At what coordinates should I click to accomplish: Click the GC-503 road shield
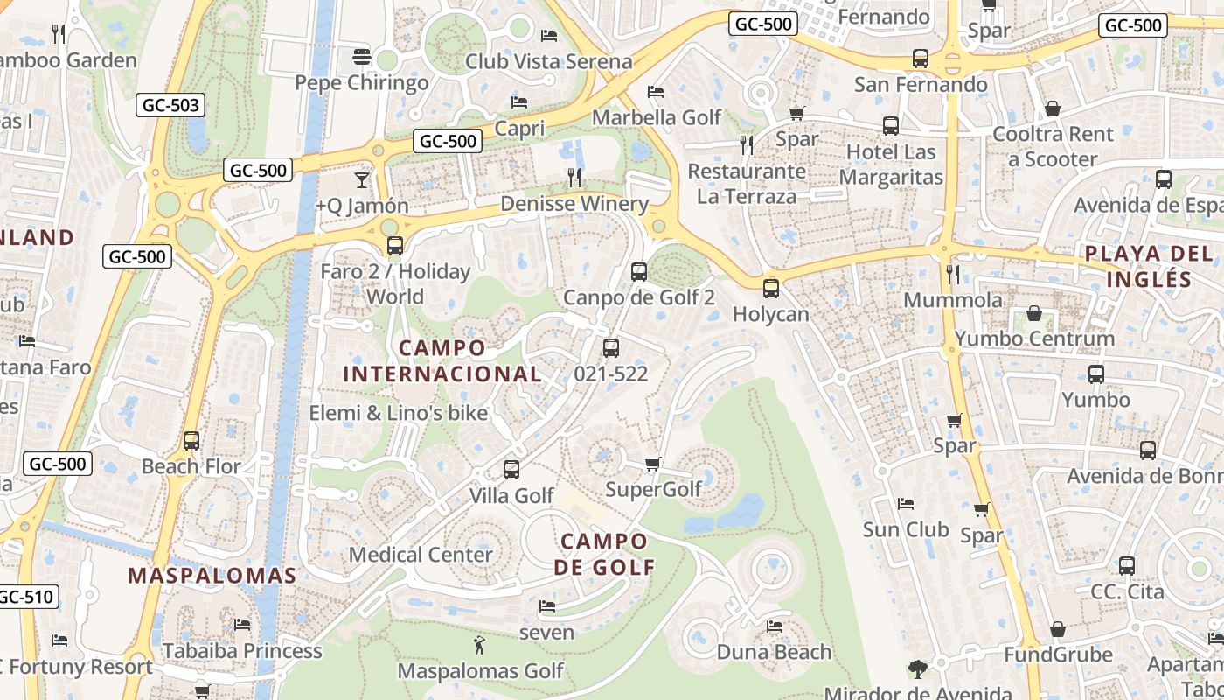point(170,106)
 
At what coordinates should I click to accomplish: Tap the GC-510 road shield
point(26,598)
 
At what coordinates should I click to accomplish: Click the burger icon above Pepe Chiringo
point(362,58)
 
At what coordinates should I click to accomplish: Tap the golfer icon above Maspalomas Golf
point(479,647)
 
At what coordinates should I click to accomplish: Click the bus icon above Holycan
point(770,288)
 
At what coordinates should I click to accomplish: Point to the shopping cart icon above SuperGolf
point(652,464)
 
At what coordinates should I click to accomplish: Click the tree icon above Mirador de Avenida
point(917,669)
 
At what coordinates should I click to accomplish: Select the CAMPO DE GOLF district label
point(604,554)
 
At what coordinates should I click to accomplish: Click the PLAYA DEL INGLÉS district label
point(1148,267)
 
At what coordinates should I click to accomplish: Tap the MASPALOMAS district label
point(212,576)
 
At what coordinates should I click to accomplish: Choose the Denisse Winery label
point(574,204)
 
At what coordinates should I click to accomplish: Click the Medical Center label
point(421,555)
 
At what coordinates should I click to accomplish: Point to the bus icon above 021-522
point(611,348)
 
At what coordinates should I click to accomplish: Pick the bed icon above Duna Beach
point(774,626)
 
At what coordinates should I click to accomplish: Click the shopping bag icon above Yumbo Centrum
point(1034,313)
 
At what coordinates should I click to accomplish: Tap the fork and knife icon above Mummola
point(953,275)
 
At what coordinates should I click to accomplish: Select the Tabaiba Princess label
point(242,651)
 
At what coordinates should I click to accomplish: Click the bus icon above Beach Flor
point(191,441)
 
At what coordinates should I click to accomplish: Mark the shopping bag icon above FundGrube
point(1058,630)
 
